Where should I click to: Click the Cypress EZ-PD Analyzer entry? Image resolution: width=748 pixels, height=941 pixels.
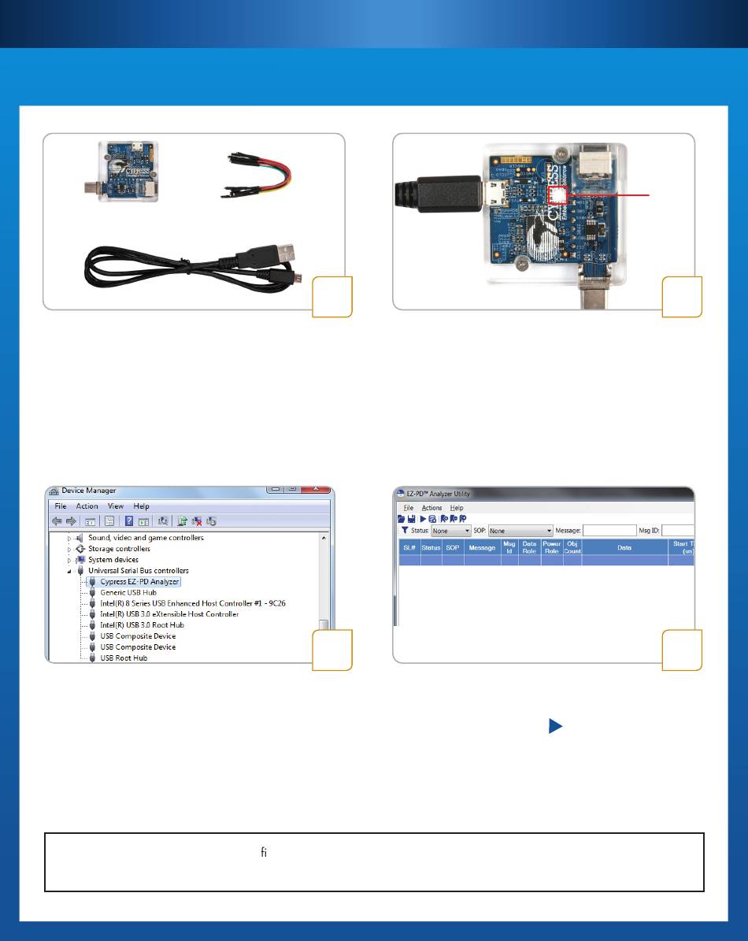click(139, 581)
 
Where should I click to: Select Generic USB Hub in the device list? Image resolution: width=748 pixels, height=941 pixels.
click(128, 592)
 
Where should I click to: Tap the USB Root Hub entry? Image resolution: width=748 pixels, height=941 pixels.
click(124, 658)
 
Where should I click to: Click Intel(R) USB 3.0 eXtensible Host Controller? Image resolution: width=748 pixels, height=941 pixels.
click(169, 613)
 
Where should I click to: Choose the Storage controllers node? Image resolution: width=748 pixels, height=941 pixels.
click(119, 549)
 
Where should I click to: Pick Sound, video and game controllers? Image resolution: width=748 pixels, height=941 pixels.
click(146, 538)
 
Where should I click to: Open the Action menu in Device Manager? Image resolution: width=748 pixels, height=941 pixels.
click(87, 506)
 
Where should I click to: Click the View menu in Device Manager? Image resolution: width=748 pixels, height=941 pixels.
click(116, 506)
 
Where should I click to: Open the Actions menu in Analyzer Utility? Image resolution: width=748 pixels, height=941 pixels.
click(431, 508)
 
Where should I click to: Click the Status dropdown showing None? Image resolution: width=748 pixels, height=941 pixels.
click(450, 532)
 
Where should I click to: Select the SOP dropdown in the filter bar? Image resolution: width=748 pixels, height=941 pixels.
click(520, 532)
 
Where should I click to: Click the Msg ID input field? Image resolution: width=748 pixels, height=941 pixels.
click(677, 532)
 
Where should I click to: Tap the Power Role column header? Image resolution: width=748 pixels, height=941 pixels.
click(551, 547)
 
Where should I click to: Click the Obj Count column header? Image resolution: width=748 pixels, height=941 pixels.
click(572, 547)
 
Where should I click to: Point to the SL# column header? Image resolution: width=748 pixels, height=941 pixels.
click(409, 547)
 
